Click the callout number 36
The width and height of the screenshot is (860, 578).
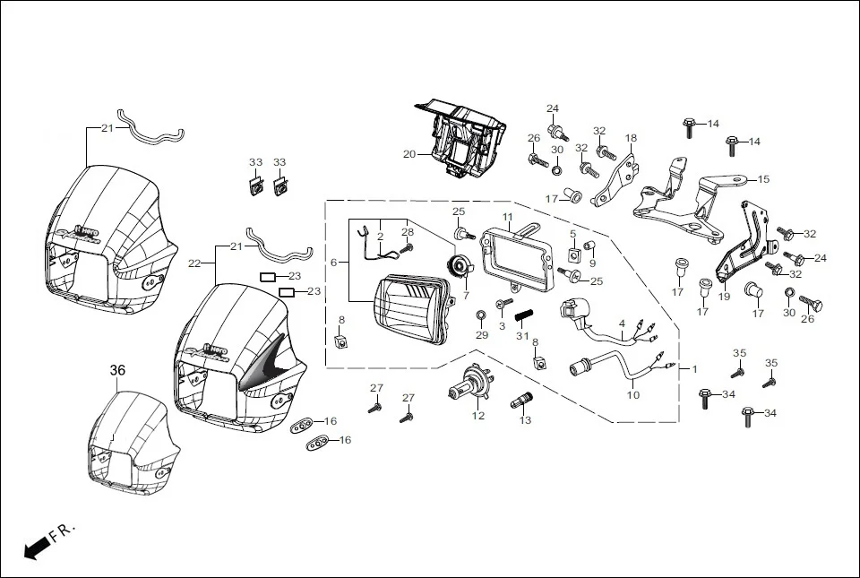coord(118,369)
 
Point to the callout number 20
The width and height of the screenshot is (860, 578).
coord(409,154)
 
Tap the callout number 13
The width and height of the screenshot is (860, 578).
coord(525,419)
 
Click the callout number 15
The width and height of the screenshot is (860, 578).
coord(763,179)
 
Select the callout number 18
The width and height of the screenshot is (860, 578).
coord(631,139)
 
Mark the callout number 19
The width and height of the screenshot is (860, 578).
coord(724,297)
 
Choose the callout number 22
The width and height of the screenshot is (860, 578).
coord(194,263)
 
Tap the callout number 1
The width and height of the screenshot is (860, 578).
coord(692,368)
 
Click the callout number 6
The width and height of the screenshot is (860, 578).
coord(333,263)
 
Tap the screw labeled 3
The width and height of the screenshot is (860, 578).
coord(503,306)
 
